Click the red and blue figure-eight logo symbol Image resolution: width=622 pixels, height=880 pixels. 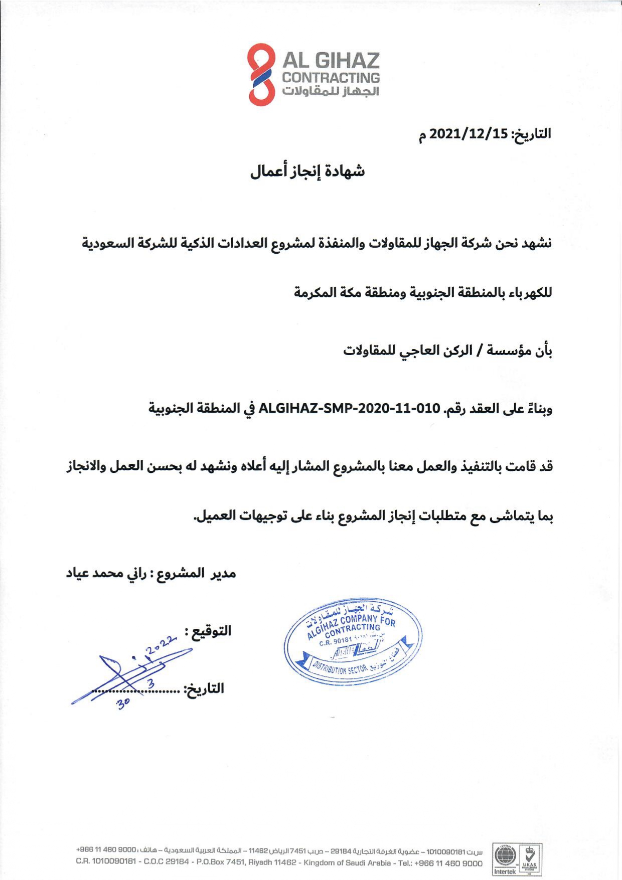pos(261,74)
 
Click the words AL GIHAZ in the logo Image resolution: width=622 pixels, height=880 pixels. pos(330,61)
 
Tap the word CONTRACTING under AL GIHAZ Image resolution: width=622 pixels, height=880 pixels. pos(331,78)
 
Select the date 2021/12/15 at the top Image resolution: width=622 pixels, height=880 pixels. pos(469,134)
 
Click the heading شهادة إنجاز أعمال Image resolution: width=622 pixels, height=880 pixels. pos(307,171)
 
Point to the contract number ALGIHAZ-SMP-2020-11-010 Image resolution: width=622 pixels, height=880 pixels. pos(349,408)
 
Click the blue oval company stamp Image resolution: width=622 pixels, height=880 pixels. pos(353,641)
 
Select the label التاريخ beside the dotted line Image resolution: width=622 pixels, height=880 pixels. pos(206,688)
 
